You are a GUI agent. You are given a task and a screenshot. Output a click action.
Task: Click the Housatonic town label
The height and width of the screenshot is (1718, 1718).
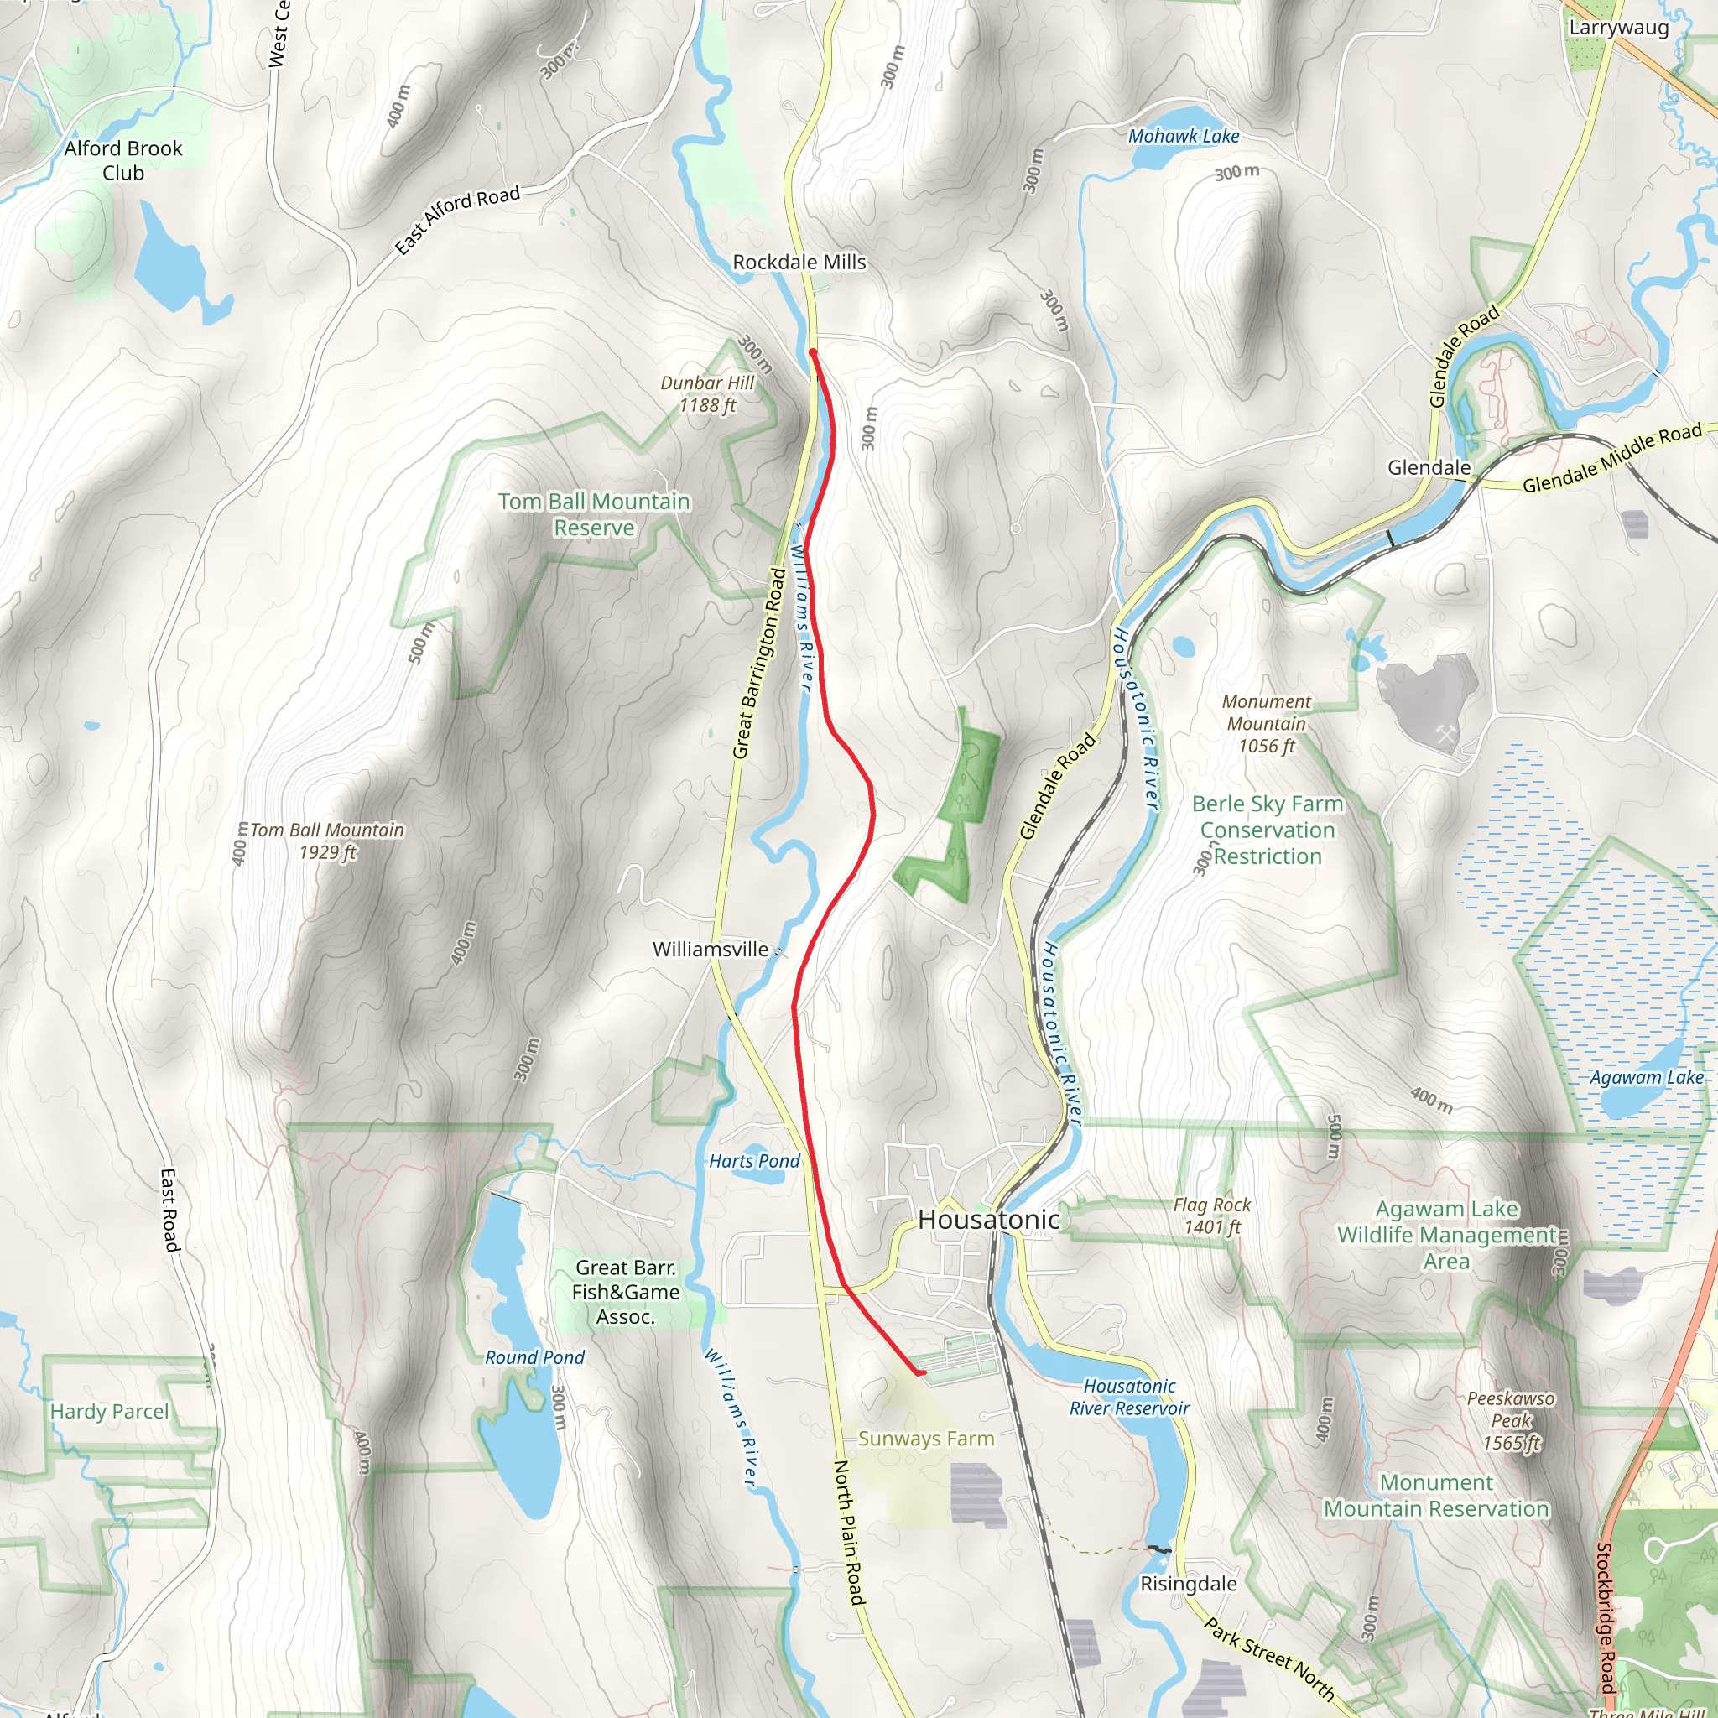[989, 1219]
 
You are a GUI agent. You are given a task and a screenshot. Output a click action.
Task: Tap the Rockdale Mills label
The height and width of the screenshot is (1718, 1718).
[799, 263]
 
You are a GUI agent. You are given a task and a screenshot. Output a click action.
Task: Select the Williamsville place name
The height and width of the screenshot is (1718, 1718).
[711, 949]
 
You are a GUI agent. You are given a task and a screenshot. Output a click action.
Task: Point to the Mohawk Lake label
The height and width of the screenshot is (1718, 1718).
[1183, 136]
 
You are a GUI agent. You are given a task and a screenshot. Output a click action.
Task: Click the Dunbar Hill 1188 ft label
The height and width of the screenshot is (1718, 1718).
[707, 394]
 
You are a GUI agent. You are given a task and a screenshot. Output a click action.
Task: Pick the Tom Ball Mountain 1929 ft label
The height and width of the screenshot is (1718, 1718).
[326, 841]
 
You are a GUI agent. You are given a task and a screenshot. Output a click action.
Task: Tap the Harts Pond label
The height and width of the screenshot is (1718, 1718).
[754, 1160]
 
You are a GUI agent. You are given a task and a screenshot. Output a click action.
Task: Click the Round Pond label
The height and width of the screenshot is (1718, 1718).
[534, 1357]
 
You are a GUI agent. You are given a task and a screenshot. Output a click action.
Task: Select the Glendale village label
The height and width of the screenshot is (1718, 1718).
[1428, 468]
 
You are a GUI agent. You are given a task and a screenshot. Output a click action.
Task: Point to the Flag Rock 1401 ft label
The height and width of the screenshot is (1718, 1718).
[1211, 1216]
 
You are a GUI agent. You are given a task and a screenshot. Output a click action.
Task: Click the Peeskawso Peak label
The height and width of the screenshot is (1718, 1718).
[1510, 1420]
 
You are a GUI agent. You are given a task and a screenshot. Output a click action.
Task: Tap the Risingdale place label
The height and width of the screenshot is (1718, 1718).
[1188, 1584]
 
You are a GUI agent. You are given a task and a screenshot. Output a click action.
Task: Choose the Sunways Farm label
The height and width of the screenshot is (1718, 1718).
[926, 1438]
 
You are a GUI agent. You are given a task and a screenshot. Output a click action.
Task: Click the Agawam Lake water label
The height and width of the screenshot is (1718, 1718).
[1646, 1077]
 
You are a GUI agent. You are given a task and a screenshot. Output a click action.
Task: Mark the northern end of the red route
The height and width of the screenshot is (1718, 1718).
[813, 353]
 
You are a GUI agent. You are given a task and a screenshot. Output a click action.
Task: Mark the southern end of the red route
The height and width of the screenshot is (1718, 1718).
[922, 1373]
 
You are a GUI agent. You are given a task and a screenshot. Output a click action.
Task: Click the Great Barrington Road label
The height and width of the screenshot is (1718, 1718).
[758, 664]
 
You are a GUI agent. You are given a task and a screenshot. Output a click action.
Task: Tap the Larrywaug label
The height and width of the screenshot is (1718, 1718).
[1617, 27]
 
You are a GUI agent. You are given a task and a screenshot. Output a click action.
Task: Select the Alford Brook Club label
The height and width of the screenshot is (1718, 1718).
[122, 160]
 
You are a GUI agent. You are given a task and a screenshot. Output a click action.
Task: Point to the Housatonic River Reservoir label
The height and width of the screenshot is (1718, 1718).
[1128, 1397]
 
